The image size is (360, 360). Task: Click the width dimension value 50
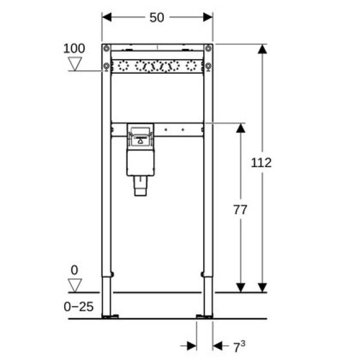156,17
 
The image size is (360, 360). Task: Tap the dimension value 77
240,210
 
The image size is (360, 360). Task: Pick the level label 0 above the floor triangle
74,269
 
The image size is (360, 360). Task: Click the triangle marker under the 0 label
74,285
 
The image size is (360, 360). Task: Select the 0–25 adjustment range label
79,307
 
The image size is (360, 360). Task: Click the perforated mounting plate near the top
157,67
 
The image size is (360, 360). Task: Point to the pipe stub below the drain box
140,186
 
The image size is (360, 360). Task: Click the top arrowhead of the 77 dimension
240,128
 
